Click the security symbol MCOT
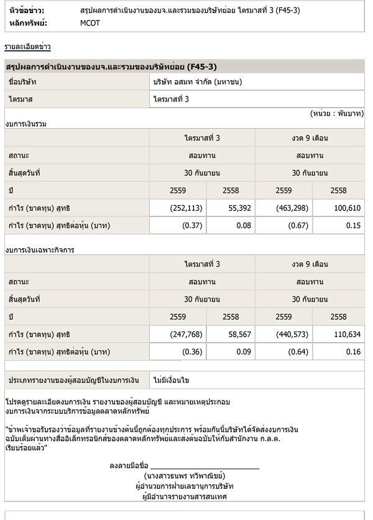(x=91, y=23)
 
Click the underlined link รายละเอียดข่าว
(x=28, y=47)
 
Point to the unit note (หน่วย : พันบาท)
(x=336, y=114)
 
